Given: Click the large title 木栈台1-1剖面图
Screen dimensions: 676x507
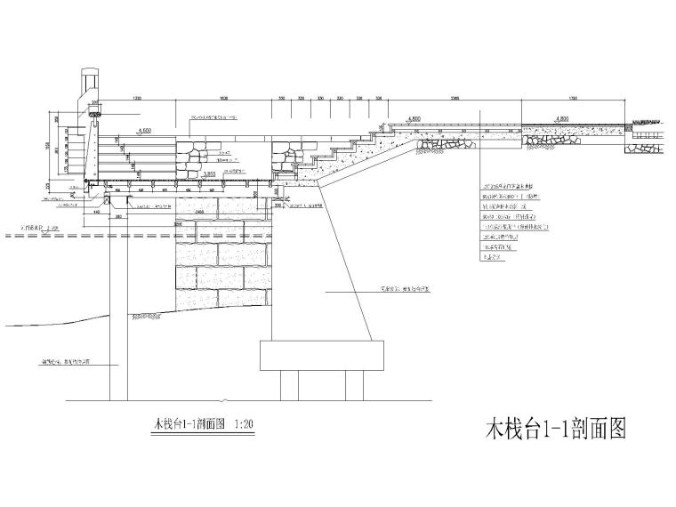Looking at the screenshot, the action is point(555,430).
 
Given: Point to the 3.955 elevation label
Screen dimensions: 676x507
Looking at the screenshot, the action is point(210,174).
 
